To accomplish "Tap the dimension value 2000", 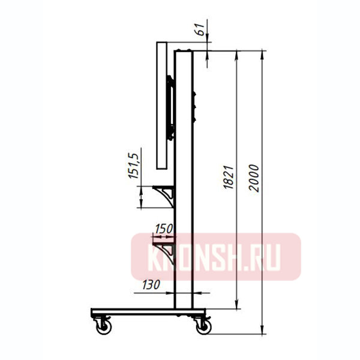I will [254, 178].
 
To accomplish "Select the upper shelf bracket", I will [165, 194].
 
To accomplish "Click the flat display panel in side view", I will [161, 105].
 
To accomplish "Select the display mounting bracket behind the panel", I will [171, 108].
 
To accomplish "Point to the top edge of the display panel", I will [161, 42].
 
